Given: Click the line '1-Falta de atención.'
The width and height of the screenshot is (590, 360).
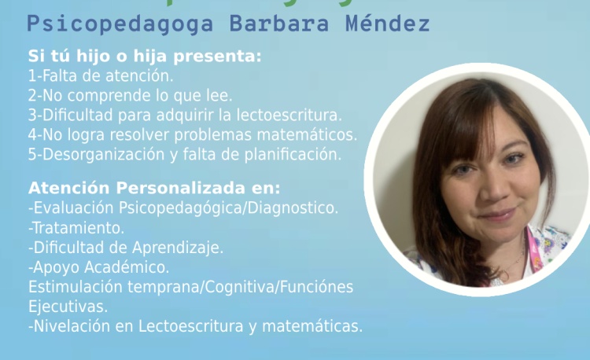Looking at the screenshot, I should tap(101, 76).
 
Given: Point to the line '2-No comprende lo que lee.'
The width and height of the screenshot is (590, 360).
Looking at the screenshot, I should tap(130, 96).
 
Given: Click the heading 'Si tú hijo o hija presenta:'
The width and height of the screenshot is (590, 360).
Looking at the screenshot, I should tap(145, 57).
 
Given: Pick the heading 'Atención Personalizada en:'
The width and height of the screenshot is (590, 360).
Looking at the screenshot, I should tap(154, 189).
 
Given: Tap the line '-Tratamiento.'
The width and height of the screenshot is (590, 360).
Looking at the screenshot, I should tap(76, 228).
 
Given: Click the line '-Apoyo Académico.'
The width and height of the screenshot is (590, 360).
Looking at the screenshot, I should tap(98, 267).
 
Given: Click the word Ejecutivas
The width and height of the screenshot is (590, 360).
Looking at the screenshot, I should tap(68, 306).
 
